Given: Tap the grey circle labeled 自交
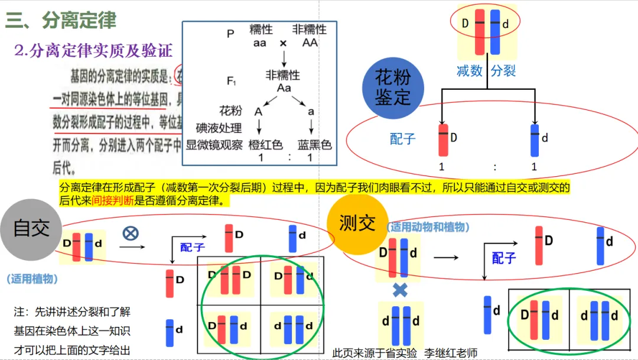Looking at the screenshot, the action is [x=31, y=229].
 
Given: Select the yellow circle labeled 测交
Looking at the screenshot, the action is [x=357, y=224].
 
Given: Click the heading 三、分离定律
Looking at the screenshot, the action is [x=61, y=21].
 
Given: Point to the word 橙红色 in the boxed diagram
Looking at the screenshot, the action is [x=266, y=145].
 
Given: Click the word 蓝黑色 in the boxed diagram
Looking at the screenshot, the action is [x=314, y=145].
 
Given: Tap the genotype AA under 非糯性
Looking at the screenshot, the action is [x=310, y=43].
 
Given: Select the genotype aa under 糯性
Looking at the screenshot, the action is [x=259, y=43].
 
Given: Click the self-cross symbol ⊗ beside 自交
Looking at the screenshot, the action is [x=130, y=233].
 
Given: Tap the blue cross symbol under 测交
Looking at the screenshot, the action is [x=400, y=290].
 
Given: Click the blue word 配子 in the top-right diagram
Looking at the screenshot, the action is [x=403, y=139].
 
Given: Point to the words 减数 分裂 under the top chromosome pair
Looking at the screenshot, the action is [x=486, y=72].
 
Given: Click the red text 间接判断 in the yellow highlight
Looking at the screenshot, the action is [x=113, y=200].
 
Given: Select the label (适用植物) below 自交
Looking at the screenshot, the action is [x=32, y=278].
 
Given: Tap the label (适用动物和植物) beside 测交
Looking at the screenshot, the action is [x=428, y=227].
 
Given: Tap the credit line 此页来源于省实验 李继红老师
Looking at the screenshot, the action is [x=405, y=353].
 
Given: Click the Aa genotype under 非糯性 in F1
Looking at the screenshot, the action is [x=284, y=87].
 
